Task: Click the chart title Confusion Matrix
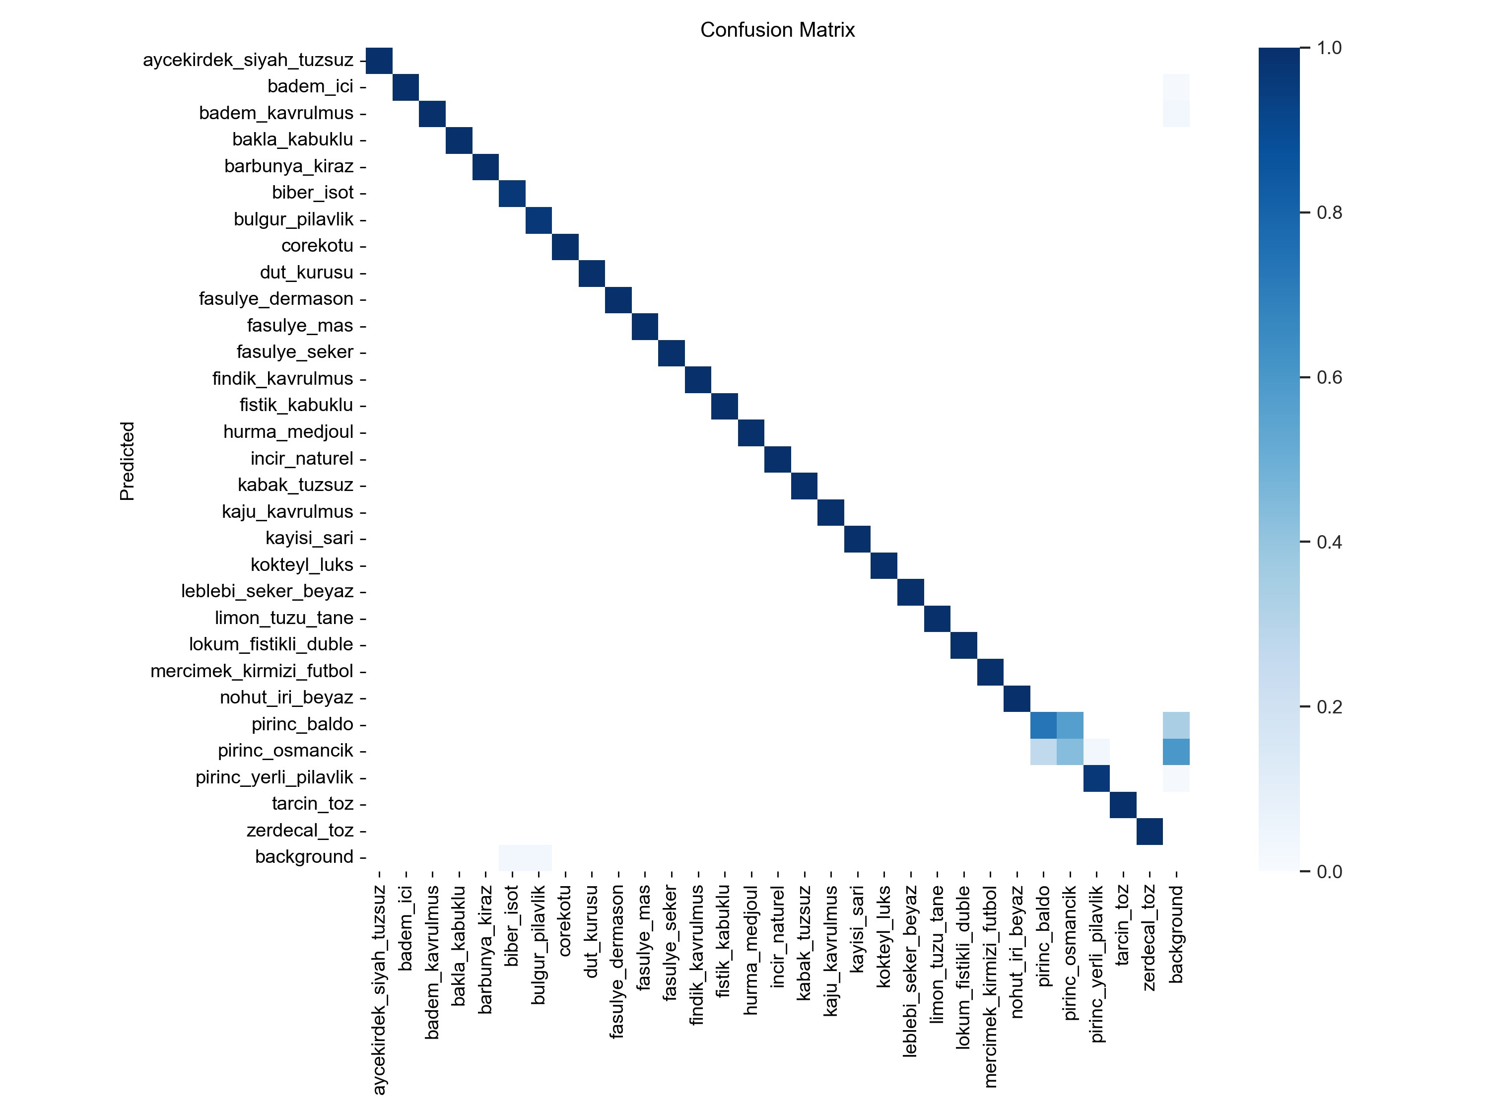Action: pyautogui.click(x=777, y=30)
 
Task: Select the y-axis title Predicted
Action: pyautogui.click(x=127, y=461)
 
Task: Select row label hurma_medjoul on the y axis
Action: pyautogui.click(x=288, y=431)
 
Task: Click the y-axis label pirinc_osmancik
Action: pyautogui.click(x=285, y=750)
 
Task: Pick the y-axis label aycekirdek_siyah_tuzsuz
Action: pyautogui.click(x=248, y=60)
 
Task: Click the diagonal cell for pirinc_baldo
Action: pyautogui.click(x=1043, y=724)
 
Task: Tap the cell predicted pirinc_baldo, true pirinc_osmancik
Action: pyautogui.click(x=1070, y=724)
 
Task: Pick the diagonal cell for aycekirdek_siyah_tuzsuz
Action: pyautogui.click(x=379, y=61)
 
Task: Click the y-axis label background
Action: pyautogui.click(x=304, y=856)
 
